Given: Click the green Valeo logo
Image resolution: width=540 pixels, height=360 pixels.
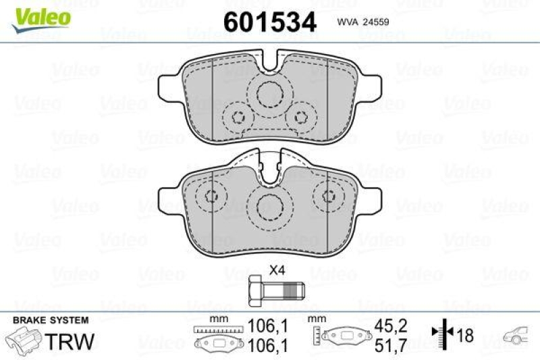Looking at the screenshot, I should [38, 14].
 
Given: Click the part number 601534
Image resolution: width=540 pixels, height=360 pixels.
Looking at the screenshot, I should [269, 21].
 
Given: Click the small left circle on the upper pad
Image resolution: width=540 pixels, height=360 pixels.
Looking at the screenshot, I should [237, 115].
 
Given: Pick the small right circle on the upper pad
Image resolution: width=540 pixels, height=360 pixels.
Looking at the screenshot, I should [301, 115].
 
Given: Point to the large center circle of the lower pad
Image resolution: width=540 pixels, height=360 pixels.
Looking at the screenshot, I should [269, 206].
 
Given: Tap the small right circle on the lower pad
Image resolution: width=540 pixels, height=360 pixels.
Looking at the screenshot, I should [329, 197].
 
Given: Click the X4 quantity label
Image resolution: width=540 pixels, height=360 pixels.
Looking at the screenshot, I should [276, 269].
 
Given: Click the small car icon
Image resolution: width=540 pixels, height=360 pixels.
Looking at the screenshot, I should [518, 334].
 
